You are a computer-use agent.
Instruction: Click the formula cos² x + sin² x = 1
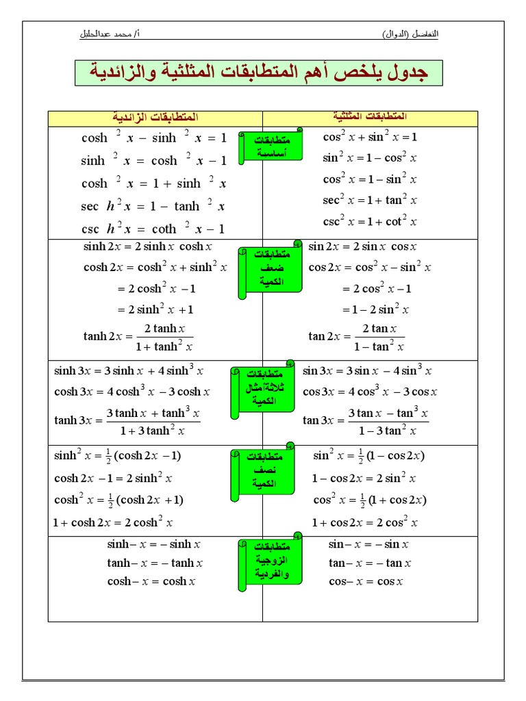[370, 137]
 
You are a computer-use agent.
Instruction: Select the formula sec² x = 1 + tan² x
[370, 201]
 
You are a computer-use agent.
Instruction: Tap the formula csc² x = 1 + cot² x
[370, 222]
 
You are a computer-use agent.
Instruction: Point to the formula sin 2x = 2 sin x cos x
[363, 246]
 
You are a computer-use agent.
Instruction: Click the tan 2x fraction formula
[357, 336]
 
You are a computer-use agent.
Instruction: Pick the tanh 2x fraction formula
[138, 336]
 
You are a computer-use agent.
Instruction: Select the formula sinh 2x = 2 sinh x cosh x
[148, 246]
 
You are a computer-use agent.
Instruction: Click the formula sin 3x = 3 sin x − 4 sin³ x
[367, 371]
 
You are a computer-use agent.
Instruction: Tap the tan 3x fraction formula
[365, 421]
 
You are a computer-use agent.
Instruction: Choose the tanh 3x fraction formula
[127, 421]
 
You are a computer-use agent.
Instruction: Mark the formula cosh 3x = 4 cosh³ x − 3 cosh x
[132, 392]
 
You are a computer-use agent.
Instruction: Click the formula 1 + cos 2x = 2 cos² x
[364, 522]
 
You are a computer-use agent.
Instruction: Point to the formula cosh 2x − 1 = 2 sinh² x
[113, 479]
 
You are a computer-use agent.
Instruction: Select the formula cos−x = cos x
[366, 582]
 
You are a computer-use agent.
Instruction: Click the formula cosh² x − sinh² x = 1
[153, 138]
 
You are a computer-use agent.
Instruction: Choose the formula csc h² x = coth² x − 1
[153, 229]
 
